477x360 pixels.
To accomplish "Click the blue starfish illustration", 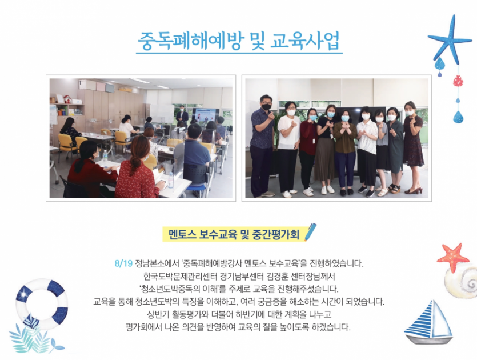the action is point(450,39).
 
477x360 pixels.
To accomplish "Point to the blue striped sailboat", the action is point(428,322).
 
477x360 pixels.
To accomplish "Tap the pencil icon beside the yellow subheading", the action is point(311,232).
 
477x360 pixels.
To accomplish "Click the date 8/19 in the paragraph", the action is point(123,263).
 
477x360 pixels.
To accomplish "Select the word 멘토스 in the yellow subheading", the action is point(182,235).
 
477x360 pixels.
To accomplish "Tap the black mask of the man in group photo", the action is point(266,106).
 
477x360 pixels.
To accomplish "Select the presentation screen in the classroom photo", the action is point(205,115).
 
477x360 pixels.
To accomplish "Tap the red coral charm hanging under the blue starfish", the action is point(458,81).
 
